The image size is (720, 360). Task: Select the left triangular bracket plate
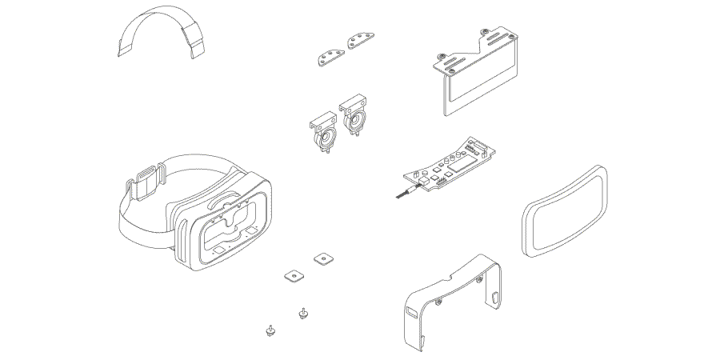click(x=328, y=55)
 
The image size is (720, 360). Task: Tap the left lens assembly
click(x=324, y=135)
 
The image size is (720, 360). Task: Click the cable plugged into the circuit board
click(x=404, y=193)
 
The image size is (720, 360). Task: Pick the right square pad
click(x=323, y=258)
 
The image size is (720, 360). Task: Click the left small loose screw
click(x=270, y=329)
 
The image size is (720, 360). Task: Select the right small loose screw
click(x=302, y=313)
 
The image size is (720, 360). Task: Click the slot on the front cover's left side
click(x=410, y=311)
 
